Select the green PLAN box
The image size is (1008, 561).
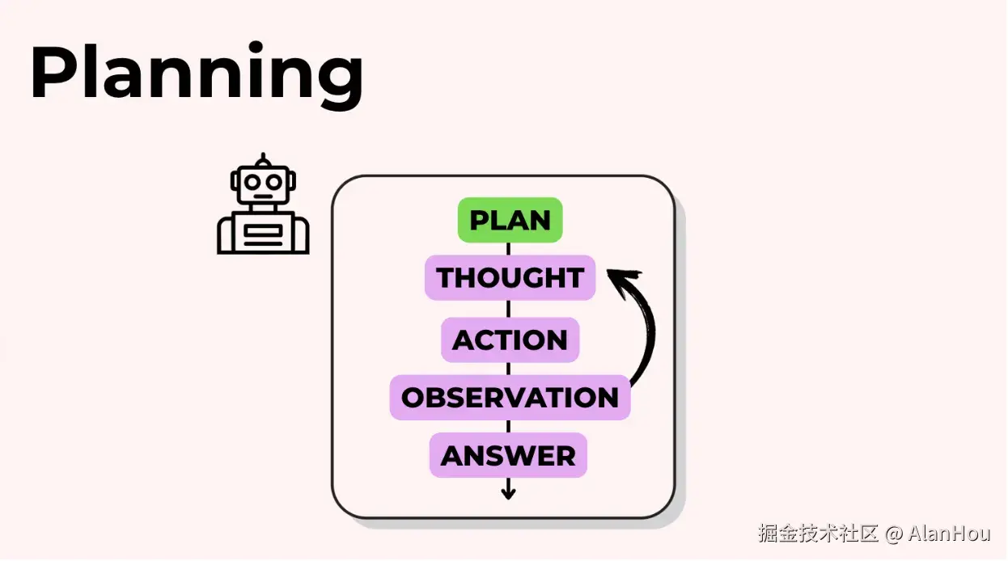pyautogui.click(x=510, y=220)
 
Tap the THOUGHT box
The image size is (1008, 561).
pyautogui.click(x=510, y=278)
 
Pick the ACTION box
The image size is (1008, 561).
pyautogui.click(x=510, y=340)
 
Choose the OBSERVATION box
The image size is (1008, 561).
pyautogui.click(x=510, y=398)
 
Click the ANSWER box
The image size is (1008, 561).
pyautogui.click(x=508, y=456)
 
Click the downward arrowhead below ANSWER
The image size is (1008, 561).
pyautogui.click(x=508, y=492)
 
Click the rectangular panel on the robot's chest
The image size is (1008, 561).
pyautogui.click(x=263, y=234)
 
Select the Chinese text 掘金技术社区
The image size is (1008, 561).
pyautogui.click(x=818, y=534)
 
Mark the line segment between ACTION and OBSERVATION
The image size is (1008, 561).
pyautogui.click(x=508, y=369)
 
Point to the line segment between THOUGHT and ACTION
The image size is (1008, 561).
pyautogui.click(x=508, y=309)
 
